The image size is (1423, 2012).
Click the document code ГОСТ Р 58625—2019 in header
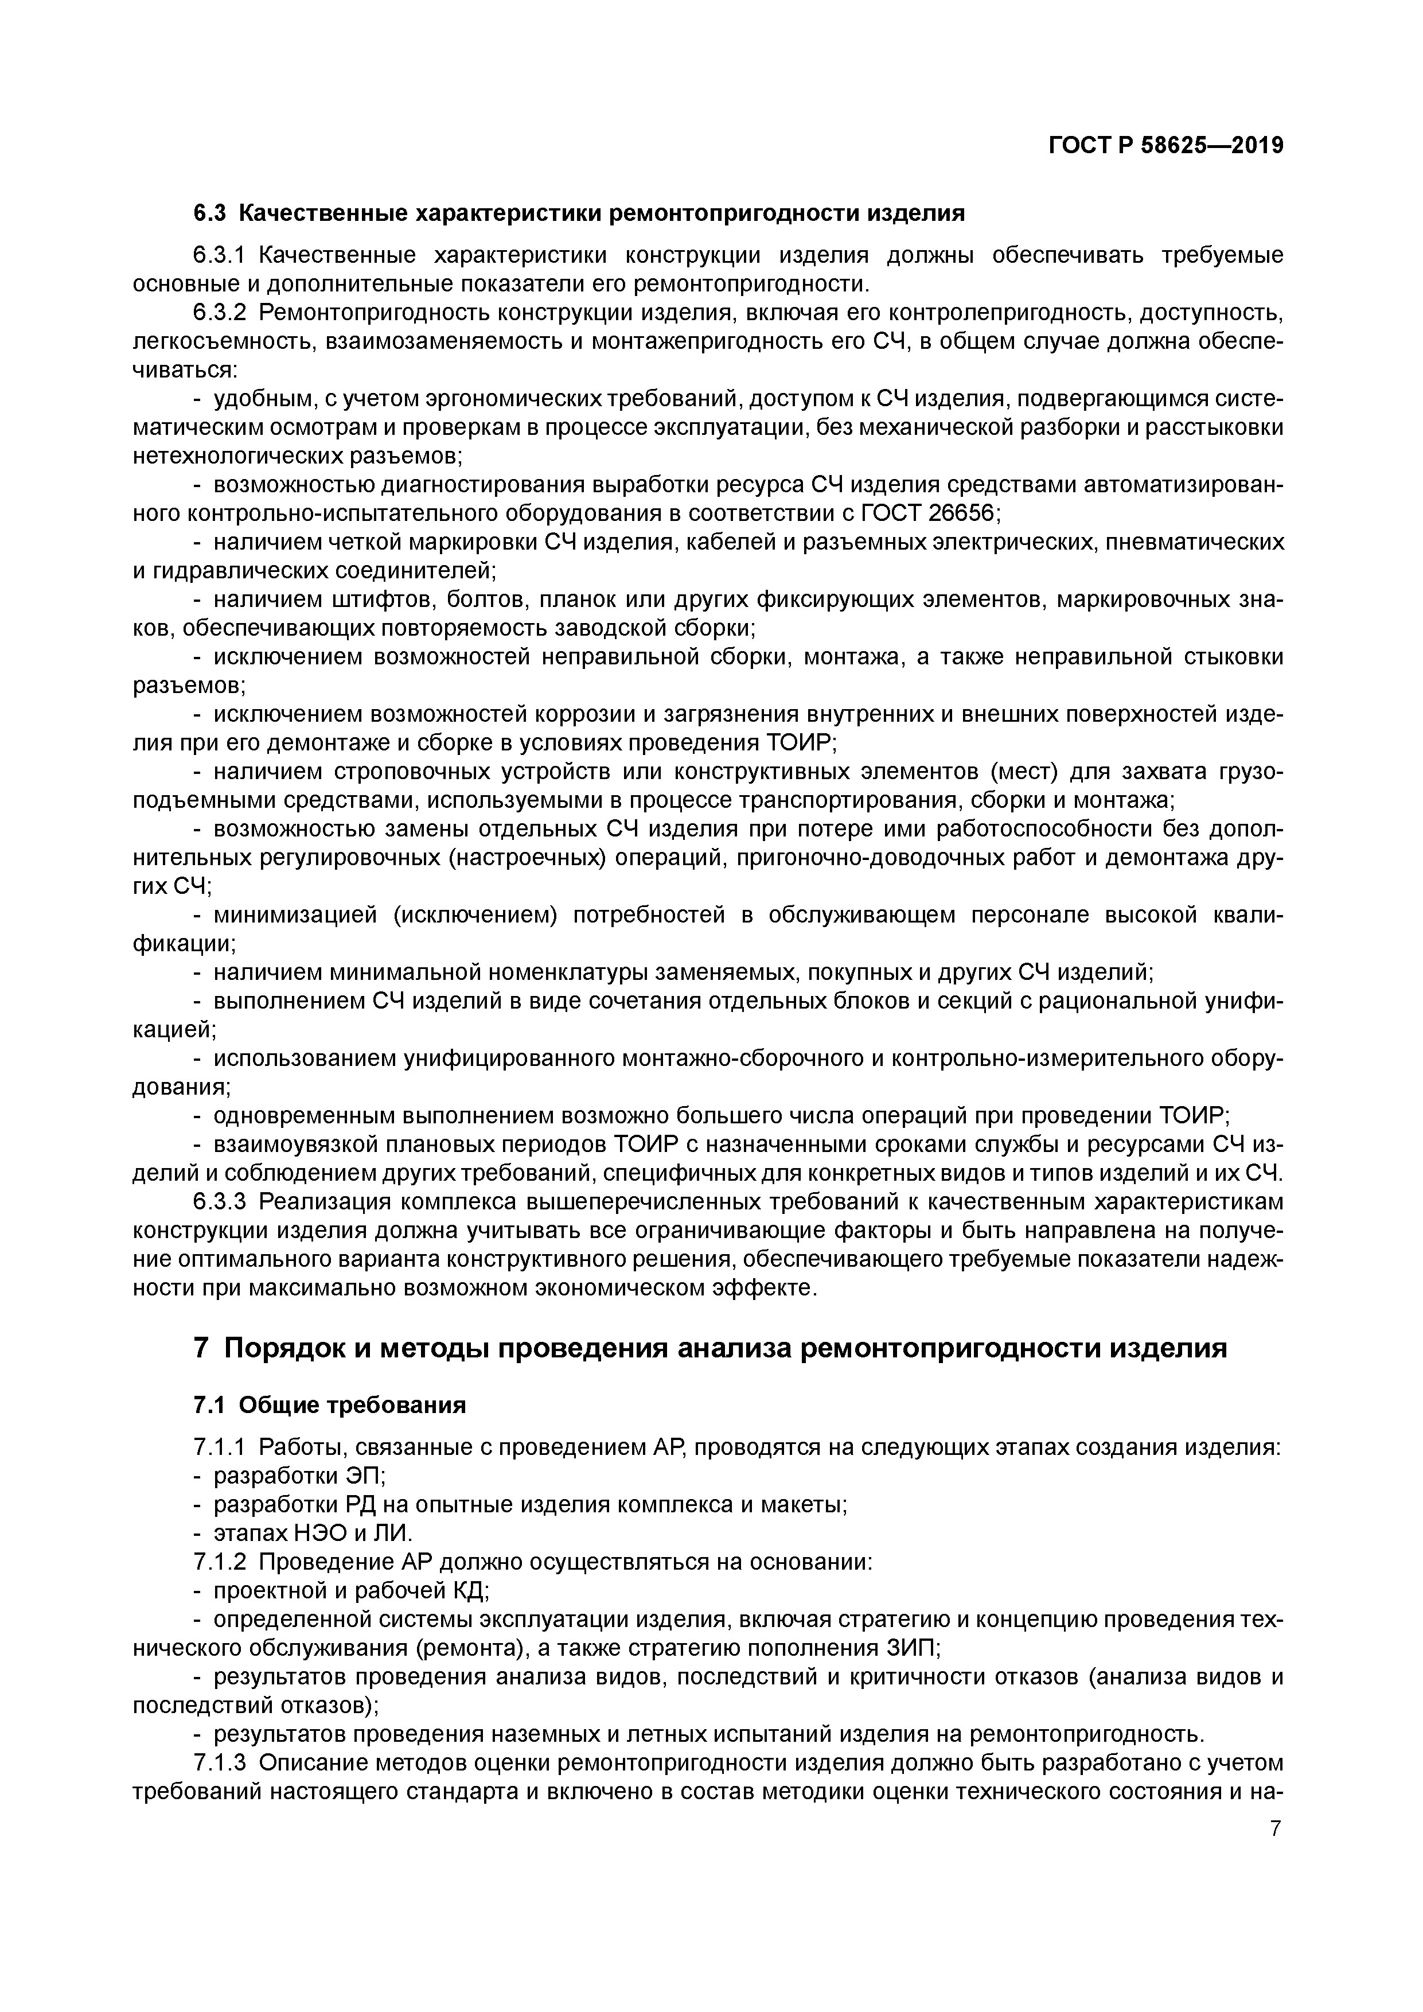[1165, 146]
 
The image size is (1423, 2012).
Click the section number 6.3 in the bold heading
[209, 213]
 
